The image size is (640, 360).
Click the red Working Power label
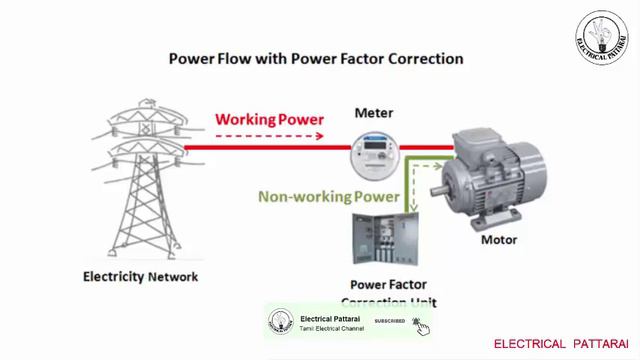pyautogui.click(x=270, y=120)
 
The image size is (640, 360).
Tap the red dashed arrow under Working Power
pyautogui.click(x=270, y=134)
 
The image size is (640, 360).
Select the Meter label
pyautogui.click(x=373, y=113)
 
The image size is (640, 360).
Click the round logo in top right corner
pyautogui.click(x=601, y=36)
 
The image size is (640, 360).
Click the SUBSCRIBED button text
pyautogui.click(x=389, y=321)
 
